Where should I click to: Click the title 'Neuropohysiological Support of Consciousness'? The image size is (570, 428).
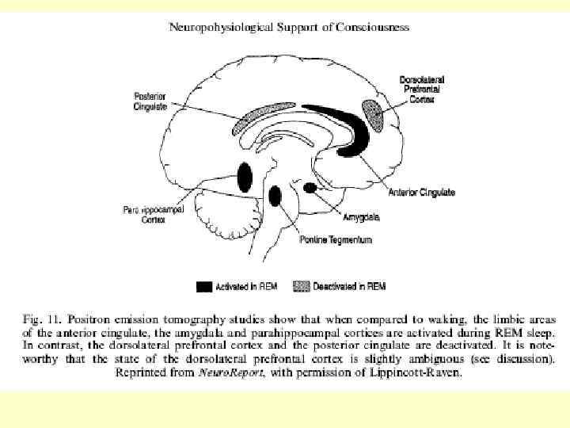[x=290, y=27]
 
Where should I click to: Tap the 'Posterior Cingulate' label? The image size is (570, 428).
[x=150, y=101]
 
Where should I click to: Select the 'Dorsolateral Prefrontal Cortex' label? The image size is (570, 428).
[x=422, y=90]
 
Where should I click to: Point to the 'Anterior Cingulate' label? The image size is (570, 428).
[x=422, y=193]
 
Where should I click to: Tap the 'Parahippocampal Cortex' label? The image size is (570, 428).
[x=144, y=216]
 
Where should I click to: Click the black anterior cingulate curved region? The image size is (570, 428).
[x=348, y=127]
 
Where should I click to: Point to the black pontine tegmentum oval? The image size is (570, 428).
[x=275, y=195]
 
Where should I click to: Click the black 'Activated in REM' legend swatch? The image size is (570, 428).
[x=204, y=285]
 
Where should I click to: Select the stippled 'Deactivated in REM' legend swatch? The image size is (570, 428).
[x=300, y=285]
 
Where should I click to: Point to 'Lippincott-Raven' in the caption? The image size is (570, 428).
[x=419, y=372]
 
